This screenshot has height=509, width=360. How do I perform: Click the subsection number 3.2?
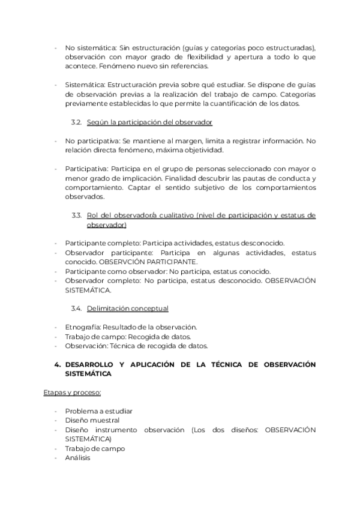coord(76,122)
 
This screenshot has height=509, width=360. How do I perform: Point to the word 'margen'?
coord(190,140)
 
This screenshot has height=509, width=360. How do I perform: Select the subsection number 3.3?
coord(76,215)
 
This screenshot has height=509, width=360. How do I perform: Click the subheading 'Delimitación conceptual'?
coord(127,309)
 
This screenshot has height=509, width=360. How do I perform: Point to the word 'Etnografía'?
coord(82,327)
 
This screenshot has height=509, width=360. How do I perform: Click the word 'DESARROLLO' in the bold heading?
coord(92,364)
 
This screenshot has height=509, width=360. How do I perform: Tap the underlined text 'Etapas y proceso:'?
coord(72,393)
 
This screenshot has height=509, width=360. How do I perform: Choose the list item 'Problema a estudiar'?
coord(98,411)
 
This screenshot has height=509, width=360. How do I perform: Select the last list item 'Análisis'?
coord(77,457)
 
